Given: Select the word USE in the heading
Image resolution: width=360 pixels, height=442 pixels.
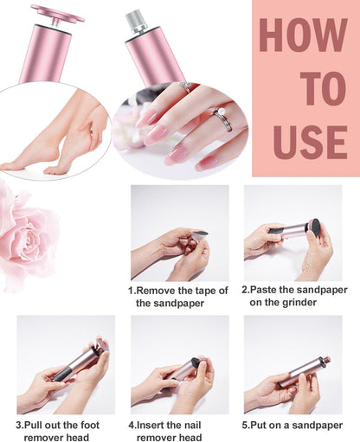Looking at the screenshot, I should pyautogui.click(x=308, y=140).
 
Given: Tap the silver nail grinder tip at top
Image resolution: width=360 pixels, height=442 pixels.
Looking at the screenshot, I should pyautogui.click(x=136, y=20).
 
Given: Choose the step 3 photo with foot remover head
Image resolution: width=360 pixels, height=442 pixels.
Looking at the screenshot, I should pyautogui.click(x=66, y=363).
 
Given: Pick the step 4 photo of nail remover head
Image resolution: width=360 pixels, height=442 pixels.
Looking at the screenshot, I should pyautogui.click(x=180, y=363).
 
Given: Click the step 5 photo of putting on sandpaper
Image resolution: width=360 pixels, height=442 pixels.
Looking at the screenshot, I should pyautogui.click(x=292, y=363).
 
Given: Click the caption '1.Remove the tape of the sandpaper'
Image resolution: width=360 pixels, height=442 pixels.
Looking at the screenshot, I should pyautogui.click(x=179, y=296).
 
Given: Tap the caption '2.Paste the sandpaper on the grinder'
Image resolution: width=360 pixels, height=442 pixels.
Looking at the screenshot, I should pyautogui.click(x=293, y=296).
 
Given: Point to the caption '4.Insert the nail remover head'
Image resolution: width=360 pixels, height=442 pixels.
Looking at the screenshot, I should pyautogui.click(x=179, y=431).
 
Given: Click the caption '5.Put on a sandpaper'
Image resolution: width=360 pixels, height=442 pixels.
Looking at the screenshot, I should pyautogui.click(x=293, y=425).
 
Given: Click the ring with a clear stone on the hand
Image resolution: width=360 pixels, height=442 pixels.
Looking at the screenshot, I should pyautogui.click(x=184, y=87).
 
